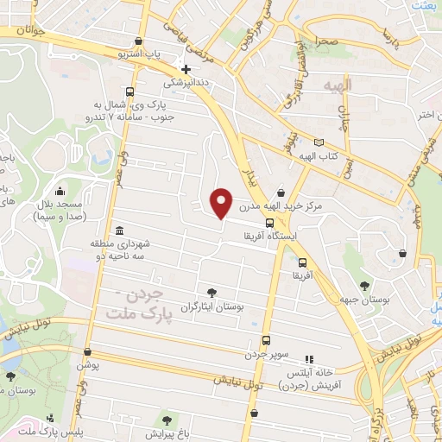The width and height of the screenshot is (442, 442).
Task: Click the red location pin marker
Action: (222, 203)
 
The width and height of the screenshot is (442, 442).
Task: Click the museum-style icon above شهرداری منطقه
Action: (117, 230)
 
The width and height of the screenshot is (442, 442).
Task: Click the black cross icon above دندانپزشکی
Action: (186, 68)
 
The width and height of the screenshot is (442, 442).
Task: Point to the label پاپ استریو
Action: (139, 54)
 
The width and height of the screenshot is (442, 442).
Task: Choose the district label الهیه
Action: (333, 87)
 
